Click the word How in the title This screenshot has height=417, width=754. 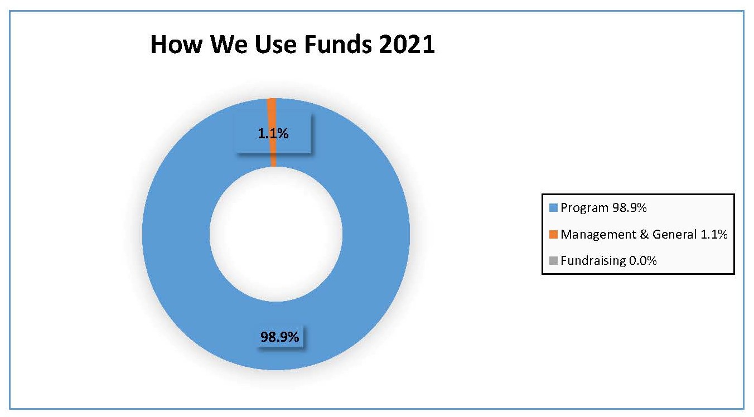176,44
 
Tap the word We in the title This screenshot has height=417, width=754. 229,44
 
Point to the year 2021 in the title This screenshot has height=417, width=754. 407,44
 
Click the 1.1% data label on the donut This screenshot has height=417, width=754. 273,134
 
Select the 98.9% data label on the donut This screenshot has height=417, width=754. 280,337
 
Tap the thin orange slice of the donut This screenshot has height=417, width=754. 272,132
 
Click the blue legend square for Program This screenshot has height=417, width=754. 553,207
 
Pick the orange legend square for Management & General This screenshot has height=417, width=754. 553,234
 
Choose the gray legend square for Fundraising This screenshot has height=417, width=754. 553,260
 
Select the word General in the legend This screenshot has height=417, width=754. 675,234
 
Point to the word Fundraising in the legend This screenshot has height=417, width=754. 593,261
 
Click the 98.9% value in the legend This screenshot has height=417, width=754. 630,207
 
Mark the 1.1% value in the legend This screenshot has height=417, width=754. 714,234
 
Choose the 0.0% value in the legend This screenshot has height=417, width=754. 643,260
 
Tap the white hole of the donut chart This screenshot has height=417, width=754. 276,234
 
